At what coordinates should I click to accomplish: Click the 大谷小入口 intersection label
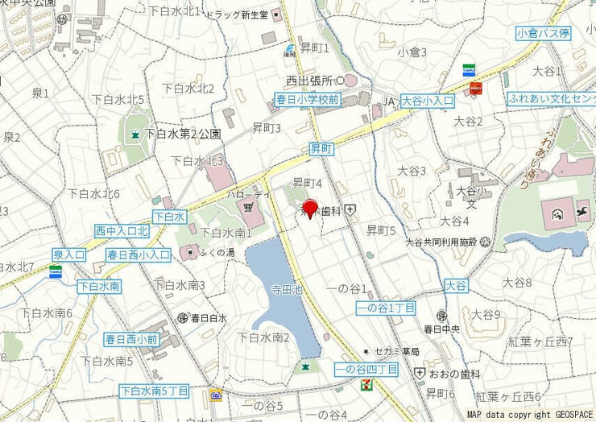click(x=428, y=101)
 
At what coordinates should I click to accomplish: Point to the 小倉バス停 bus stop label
click(x=544, y=33)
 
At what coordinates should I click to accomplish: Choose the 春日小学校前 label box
click(x=307, y=100)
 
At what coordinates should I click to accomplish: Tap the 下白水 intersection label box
click(x=170, y=217)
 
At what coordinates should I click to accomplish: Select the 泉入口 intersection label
click(x=69, y=254)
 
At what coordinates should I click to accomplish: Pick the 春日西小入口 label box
click(x=139, y=254)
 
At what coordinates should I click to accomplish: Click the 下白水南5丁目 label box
click(x=154, y=391)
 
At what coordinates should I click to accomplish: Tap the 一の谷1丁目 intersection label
click(x=386, y=308)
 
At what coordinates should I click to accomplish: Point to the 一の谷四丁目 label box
click(x=366, y=369)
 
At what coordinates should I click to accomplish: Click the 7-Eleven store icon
click(x=366, y=384)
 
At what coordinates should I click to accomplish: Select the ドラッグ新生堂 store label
click(x=237, y=14)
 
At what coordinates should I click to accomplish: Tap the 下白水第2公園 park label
click(x=184, y=134)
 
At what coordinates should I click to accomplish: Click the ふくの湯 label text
click(x=217, y=253)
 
